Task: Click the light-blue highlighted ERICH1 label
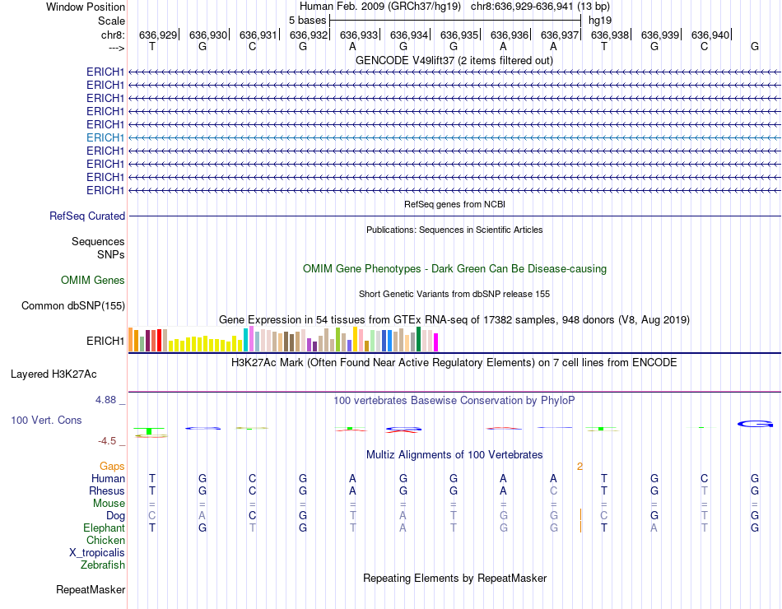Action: [105, 137]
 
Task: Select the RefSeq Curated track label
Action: [87, 216]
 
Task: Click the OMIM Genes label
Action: [93, 281]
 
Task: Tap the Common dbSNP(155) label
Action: [72, 306]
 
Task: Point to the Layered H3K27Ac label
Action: [54, 374]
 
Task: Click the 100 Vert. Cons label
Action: [46, 421]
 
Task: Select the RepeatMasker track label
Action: [91, 589]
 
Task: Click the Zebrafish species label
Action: [103, 565]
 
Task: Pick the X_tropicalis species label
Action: [97, 553]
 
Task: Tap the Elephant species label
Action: [104, 528]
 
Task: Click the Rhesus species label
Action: [107, 491]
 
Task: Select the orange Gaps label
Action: [112, 467]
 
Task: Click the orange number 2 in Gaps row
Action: [580, 467]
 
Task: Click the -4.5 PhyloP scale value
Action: [108, 441]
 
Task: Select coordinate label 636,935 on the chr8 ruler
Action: [459, 35]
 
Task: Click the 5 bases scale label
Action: [307, 21]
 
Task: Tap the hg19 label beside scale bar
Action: [598, 21]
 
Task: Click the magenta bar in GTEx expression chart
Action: [435, 342]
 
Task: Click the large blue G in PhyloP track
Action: [754, 423]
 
